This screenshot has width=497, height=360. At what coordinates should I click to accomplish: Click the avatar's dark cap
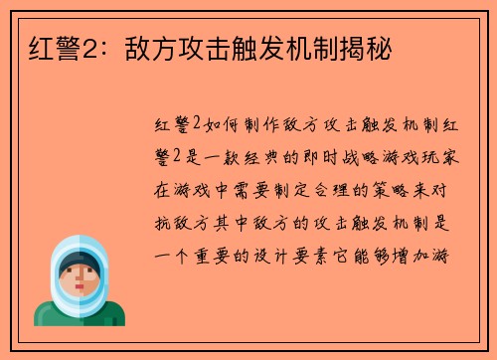click(78, 262)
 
